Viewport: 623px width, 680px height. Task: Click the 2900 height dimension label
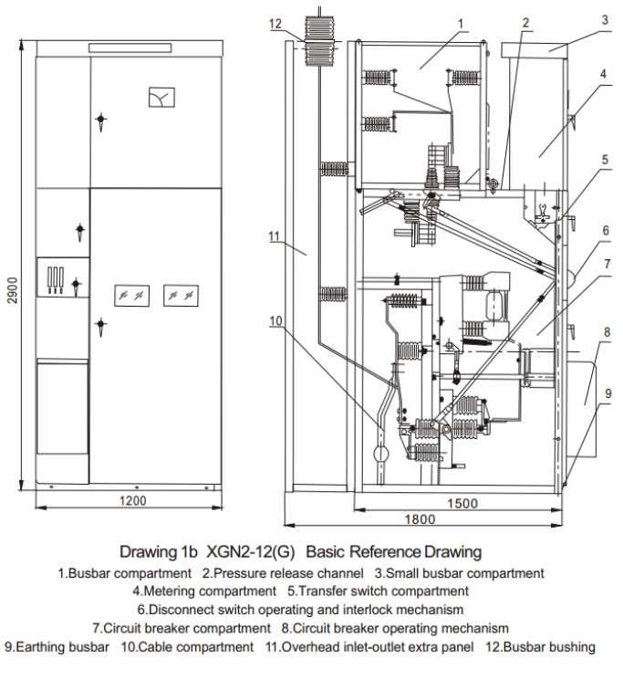[13, 290]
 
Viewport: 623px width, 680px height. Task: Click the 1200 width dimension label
[133, 500]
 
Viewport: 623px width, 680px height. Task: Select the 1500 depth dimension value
[462, 503]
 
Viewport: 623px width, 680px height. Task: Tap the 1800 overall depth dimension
[420, 519]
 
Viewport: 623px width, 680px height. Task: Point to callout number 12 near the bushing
[275, 24]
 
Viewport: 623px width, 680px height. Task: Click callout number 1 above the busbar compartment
[461, 24]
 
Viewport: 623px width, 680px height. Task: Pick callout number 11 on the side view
[275, 236]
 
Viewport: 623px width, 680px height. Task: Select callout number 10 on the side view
[275, 321]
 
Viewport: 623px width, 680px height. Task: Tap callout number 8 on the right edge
[607, 332]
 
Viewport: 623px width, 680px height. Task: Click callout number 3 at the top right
[605, 20]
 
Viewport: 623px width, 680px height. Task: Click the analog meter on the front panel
[161, 97]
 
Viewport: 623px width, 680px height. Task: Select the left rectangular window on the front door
[131, 296]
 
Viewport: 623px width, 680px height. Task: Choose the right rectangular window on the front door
[182, 296]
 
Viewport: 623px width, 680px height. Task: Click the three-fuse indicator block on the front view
[56, 279]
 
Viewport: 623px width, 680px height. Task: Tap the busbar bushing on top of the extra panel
[320, 41]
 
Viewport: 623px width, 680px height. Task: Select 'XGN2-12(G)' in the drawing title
[251, 551]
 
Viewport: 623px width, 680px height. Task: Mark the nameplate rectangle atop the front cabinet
[130, 47]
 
